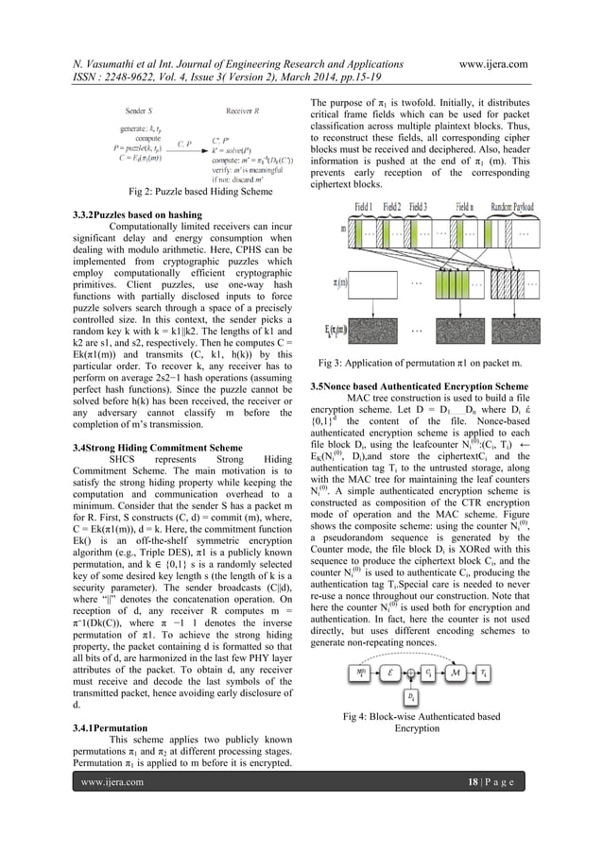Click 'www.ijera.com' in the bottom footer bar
point(112,835)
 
